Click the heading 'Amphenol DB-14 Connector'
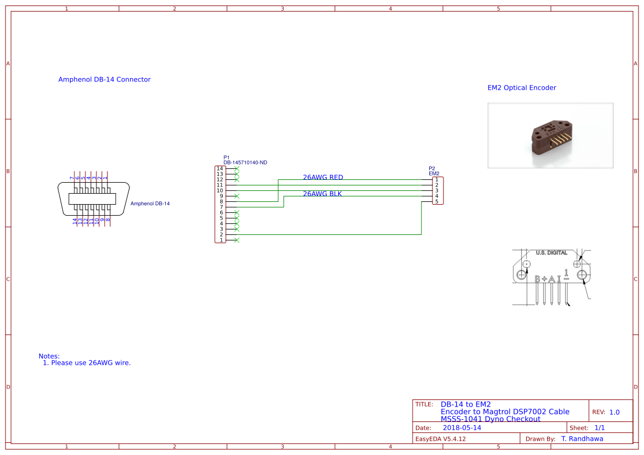104,79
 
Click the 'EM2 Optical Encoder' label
522,88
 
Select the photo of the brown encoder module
550,135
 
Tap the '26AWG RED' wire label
323,177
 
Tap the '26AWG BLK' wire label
322,194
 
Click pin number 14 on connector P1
220,168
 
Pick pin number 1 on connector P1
221,240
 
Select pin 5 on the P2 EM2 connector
437,201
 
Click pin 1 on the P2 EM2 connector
437,179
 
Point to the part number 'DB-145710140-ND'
245,162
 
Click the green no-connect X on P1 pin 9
237,196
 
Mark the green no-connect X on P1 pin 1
237,240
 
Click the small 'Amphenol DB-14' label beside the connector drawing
150,204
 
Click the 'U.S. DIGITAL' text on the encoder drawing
551,253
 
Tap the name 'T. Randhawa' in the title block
582,439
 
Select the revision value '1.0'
614,412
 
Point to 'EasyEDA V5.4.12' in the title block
440,439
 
